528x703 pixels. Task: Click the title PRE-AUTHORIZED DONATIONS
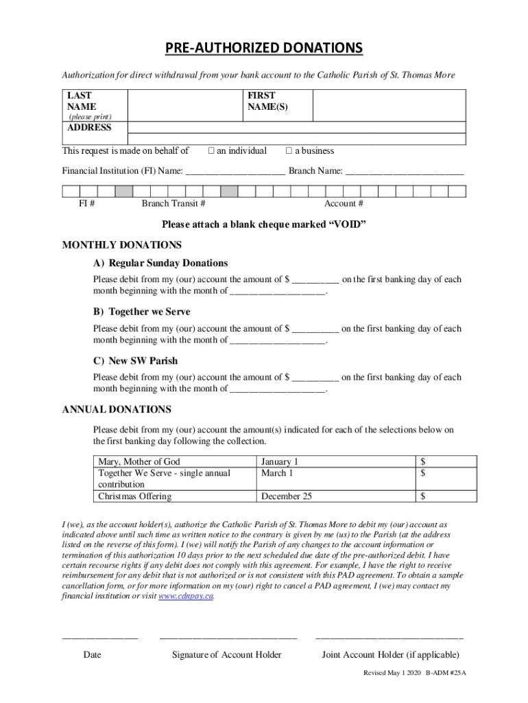(264, 48)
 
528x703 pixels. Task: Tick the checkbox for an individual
(212, 151)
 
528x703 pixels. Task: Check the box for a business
(289, 151)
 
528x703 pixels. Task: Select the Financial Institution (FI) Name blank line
(235, 171)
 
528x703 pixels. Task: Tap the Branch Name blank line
(405, 171)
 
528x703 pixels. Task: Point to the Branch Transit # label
(173, 204)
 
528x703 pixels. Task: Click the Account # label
(344, 204)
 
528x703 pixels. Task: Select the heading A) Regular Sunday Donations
(161, 264)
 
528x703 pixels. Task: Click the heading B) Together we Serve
(142, 312)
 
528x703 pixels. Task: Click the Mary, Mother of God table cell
(139, 462)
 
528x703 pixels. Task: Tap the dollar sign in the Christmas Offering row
(424, 496)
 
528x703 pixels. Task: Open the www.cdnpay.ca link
(186, 597)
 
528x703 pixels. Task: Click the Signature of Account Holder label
(226, 655)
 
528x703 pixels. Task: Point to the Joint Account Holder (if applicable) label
(390, 655)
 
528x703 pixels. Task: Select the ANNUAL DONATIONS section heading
(117, 410)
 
